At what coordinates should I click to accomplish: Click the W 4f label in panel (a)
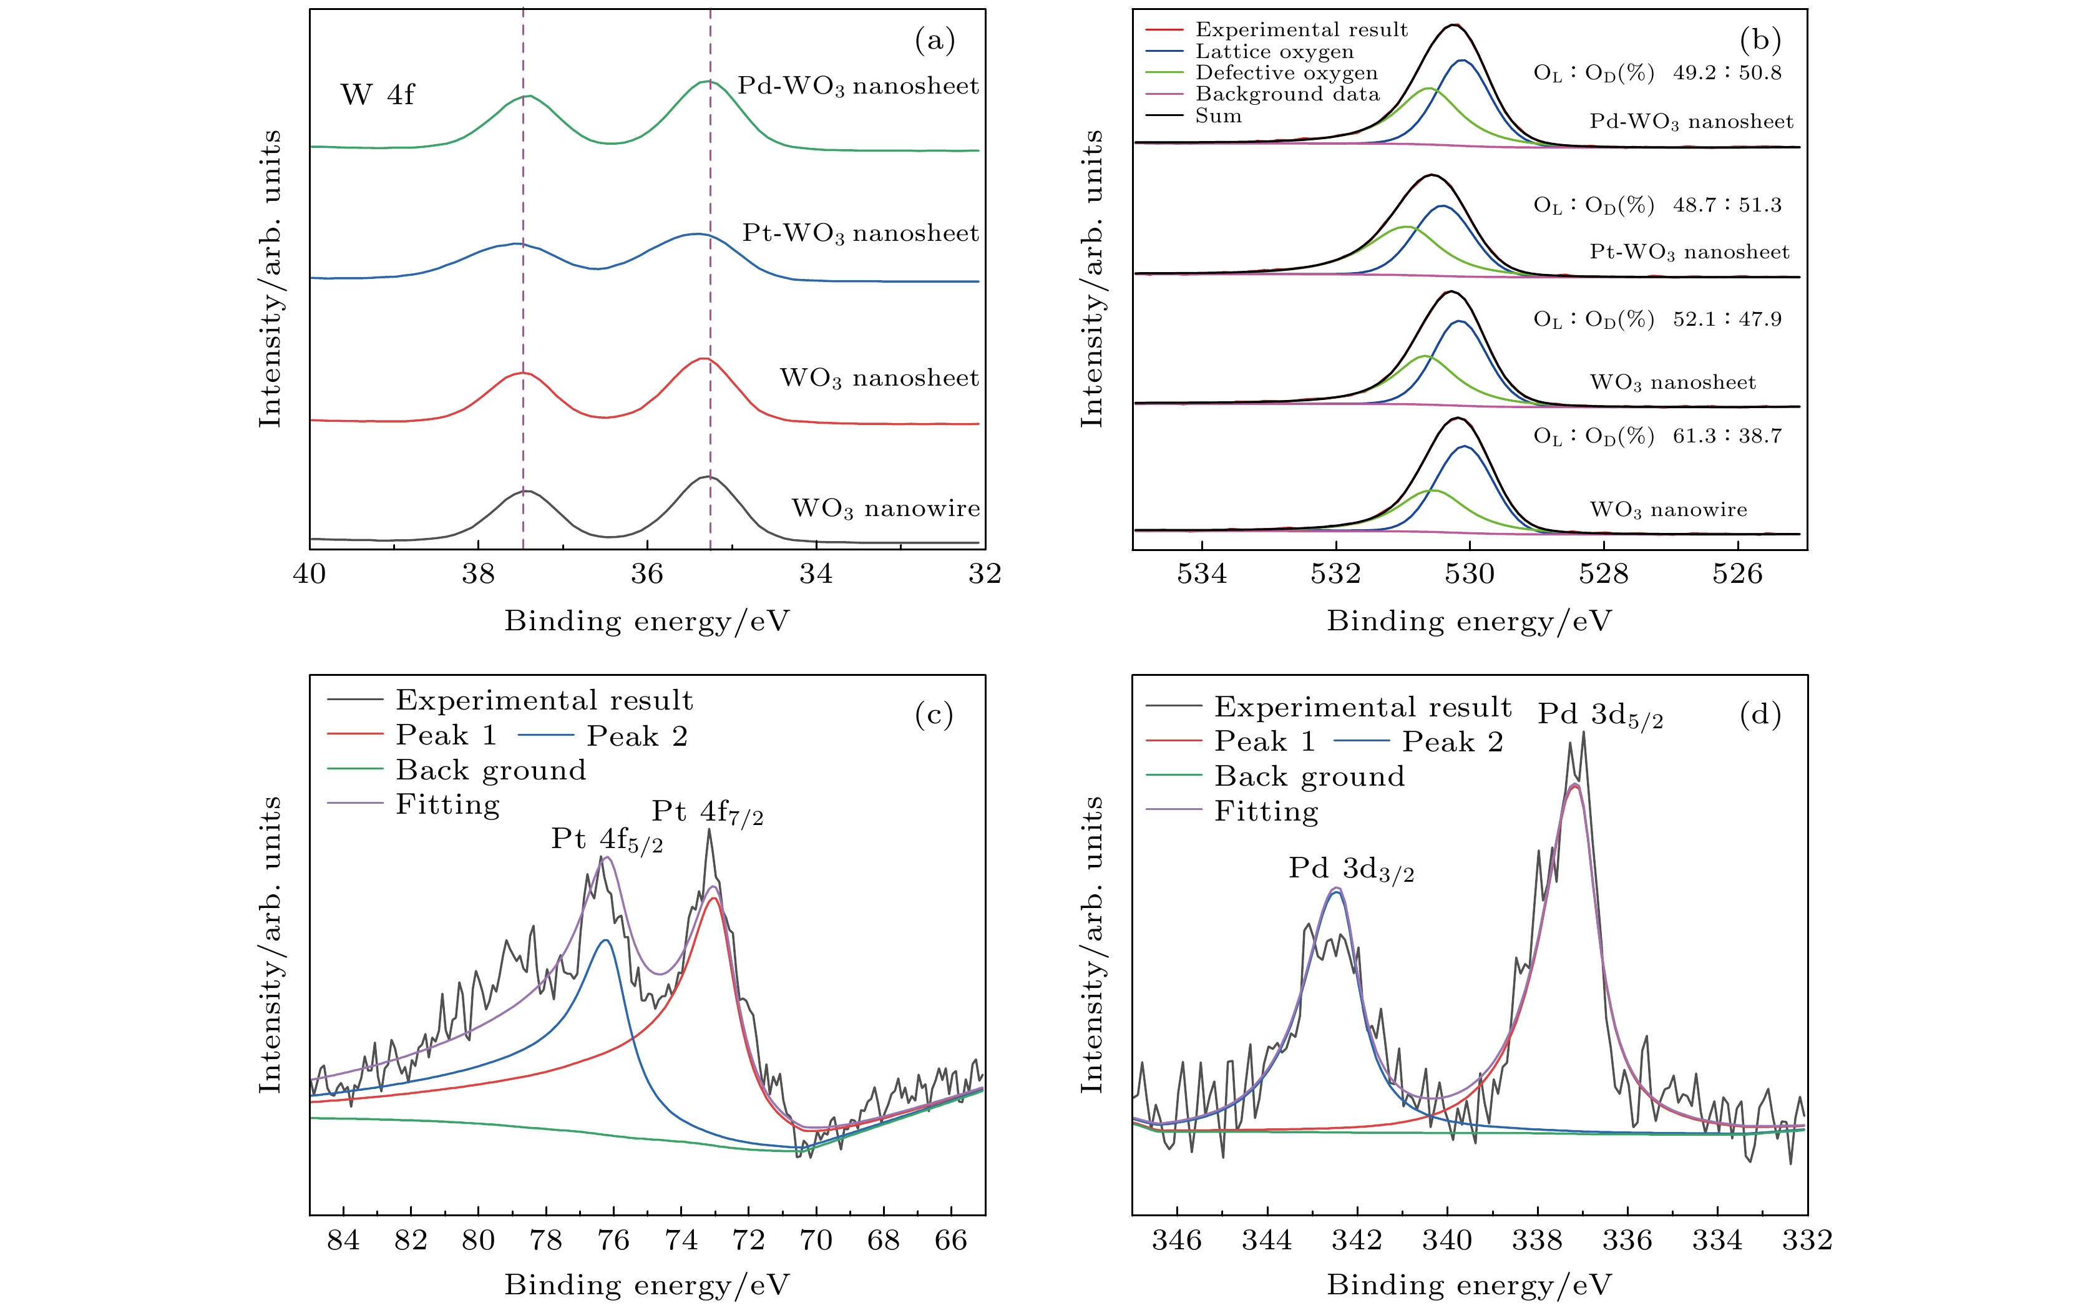click(377, 94)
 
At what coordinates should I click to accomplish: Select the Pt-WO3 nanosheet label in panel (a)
click(860, 233)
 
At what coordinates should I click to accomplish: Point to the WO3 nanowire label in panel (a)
click(885, 509)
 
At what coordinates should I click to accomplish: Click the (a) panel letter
click(934, 41)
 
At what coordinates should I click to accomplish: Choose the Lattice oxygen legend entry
click(1274, 52)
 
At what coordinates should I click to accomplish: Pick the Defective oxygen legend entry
click(1286, 72)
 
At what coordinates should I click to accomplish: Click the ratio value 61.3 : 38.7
click(1727, 436)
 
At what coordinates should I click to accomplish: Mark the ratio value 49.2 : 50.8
click(1727, 72)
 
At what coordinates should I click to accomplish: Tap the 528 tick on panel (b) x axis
click(1604, 573)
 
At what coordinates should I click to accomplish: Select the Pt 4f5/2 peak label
click(607, 840)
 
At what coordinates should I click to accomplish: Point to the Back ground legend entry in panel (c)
click(490, 770)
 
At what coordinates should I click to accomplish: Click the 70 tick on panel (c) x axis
click(816, 1241)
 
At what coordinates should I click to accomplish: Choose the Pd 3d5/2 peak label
click(1600, 715)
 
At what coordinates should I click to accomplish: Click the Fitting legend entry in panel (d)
click(1266, 811)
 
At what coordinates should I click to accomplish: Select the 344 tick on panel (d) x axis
click(1267, 1241)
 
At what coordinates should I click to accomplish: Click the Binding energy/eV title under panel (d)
click(1469, 1285)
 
